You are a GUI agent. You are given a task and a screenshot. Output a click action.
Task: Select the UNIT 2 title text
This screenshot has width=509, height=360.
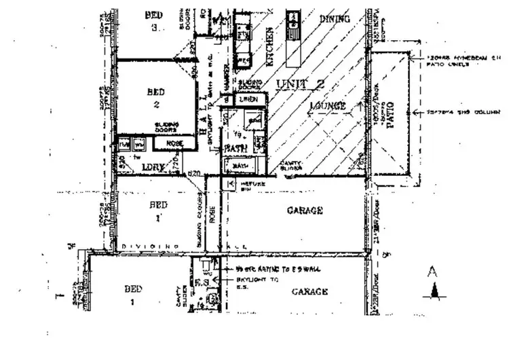(x=302, y=84)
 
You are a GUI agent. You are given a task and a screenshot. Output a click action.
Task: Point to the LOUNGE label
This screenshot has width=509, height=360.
(x=327, y=106)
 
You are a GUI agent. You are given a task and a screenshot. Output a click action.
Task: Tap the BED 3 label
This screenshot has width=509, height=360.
(x=155, y=20)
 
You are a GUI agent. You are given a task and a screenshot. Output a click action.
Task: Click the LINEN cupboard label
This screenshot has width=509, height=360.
(x=248, y=100)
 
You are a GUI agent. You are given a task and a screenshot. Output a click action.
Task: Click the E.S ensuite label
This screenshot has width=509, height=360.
(x=201, y=282)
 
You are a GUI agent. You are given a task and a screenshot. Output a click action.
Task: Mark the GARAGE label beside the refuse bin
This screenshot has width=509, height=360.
(x=304, y=211)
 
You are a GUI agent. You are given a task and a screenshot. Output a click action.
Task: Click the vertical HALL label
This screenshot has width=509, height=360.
(x=205, y=126)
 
